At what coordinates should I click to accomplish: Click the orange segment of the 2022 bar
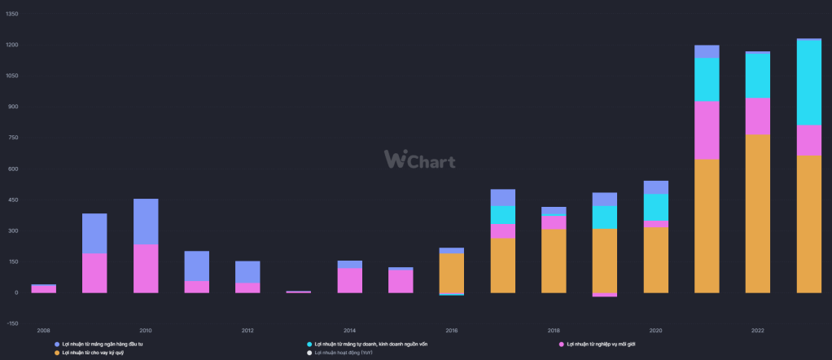[757, 213]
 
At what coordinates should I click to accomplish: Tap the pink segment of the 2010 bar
[146, 268]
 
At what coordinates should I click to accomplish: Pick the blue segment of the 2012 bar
[247, 272]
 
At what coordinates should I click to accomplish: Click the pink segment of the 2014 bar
[349, 280]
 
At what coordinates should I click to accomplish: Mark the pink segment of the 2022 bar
[757, 116]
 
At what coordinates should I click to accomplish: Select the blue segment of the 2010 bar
[146, 222]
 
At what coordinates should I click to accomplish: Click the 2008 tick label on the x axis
[43, 330]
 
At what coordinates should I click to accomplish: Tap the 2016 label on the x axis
[452, 330]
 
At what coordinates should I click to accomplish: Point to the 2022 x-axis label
[757, 330]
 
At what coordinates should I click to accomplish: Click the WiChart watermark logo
[419, 159]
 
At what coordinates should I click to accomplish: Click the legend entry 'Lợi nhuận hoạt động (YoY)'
[347, 353]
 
